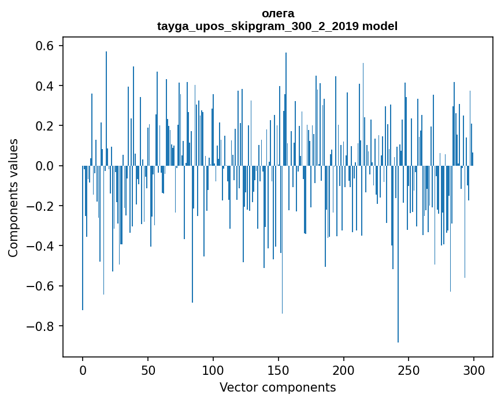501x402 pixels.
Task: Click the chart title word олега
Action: point(277,13)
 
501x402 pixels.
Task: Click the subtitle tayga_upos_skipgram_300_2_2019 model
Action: point(277,26)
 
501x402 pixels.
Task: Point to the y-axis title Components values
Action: point(13,198)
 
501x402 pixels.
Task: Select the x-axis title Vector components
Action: point(277,387)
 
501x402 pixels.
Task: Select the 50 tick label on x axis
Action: point(148,370)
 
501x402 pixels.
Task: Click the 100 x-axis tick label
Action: point(213,370)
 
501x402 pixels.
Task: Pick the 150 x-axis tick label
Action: point(279,370)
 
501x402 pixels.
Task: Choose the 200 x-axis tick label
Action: point(344,370)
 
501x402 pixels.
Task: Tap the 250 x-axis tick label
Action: point(409,370)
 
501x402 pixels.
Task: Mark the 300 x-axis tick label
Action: point(474,370)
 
